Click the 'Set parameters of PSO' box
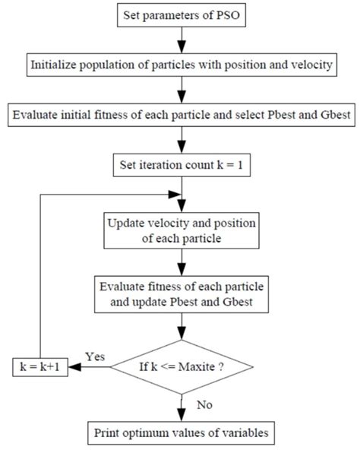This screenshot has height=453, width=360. coord(181,14)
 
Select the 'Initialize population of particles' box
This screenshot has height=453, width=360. coord(181,65)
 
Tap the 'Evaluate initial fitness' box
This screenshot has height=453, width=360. coord(181,116)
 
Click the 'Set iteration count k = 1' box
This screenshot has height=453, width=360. coord(181,165)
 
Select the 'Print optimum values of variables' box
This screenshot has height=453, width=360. coord(181,435)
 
